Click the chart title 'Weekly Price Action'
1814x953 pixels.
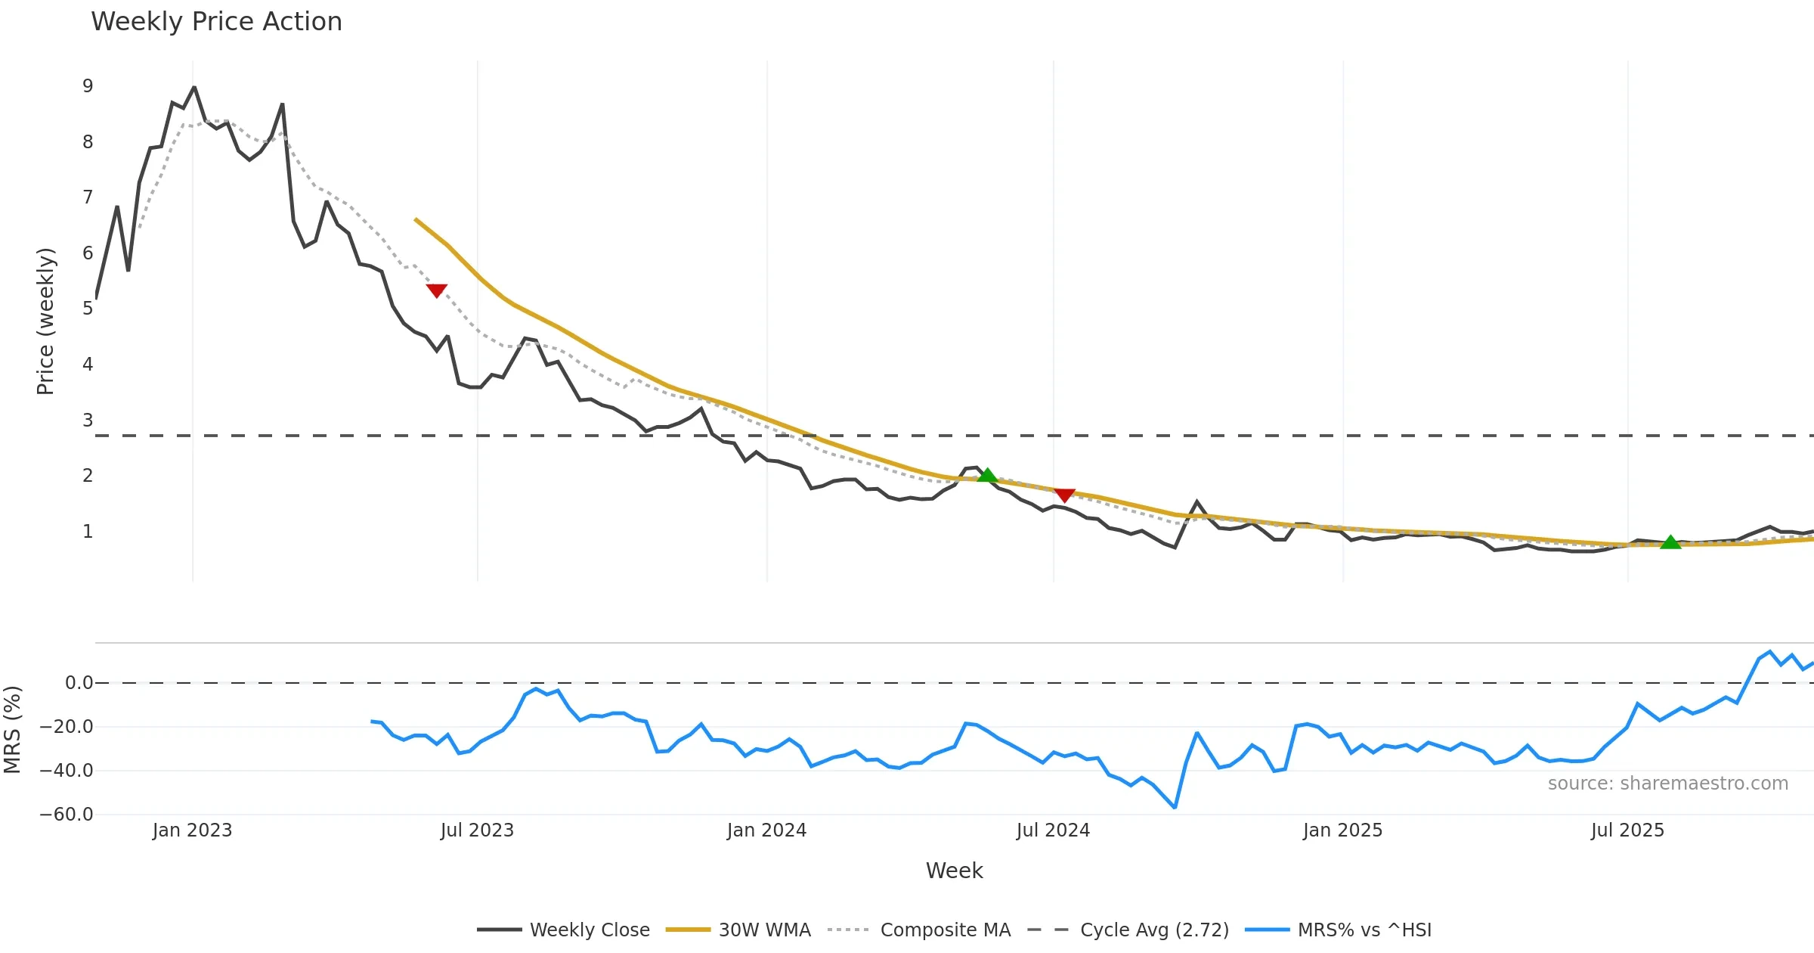(x=216, y=22)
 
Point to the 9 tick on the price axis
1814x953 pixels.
(x=88, y=86)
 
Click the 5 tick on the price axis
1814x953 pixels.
(x=88, y=309)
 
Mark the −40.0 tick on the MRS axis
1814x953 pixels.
(x=67, y=771)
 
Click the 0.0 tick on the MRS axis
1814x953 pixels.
(x=79, y=683)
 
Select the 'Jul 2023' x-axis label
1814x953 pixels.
(x=477, y=830)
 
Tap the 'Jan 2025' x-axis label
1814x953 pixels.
(x=1342, y=830)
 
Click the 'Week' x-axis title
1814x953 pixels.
(x=954, y=871)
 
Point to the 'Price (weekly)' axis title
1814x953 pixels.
(x=45, y=321)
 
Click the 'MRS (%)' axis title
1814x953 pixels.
(x=12, y=729)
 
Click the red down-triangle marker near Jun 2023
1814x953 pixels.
(x=437, y=290)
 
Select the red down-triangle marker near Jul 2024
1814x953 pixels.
(x=1064, y=495)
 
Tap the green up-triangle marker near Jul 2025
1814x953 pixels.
(x=1670, y=542)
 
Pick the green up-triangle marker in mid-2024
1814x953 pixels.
(x=987, y=475)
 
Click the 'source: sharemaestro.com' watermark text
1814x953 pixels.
(x=1667, y=784)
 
